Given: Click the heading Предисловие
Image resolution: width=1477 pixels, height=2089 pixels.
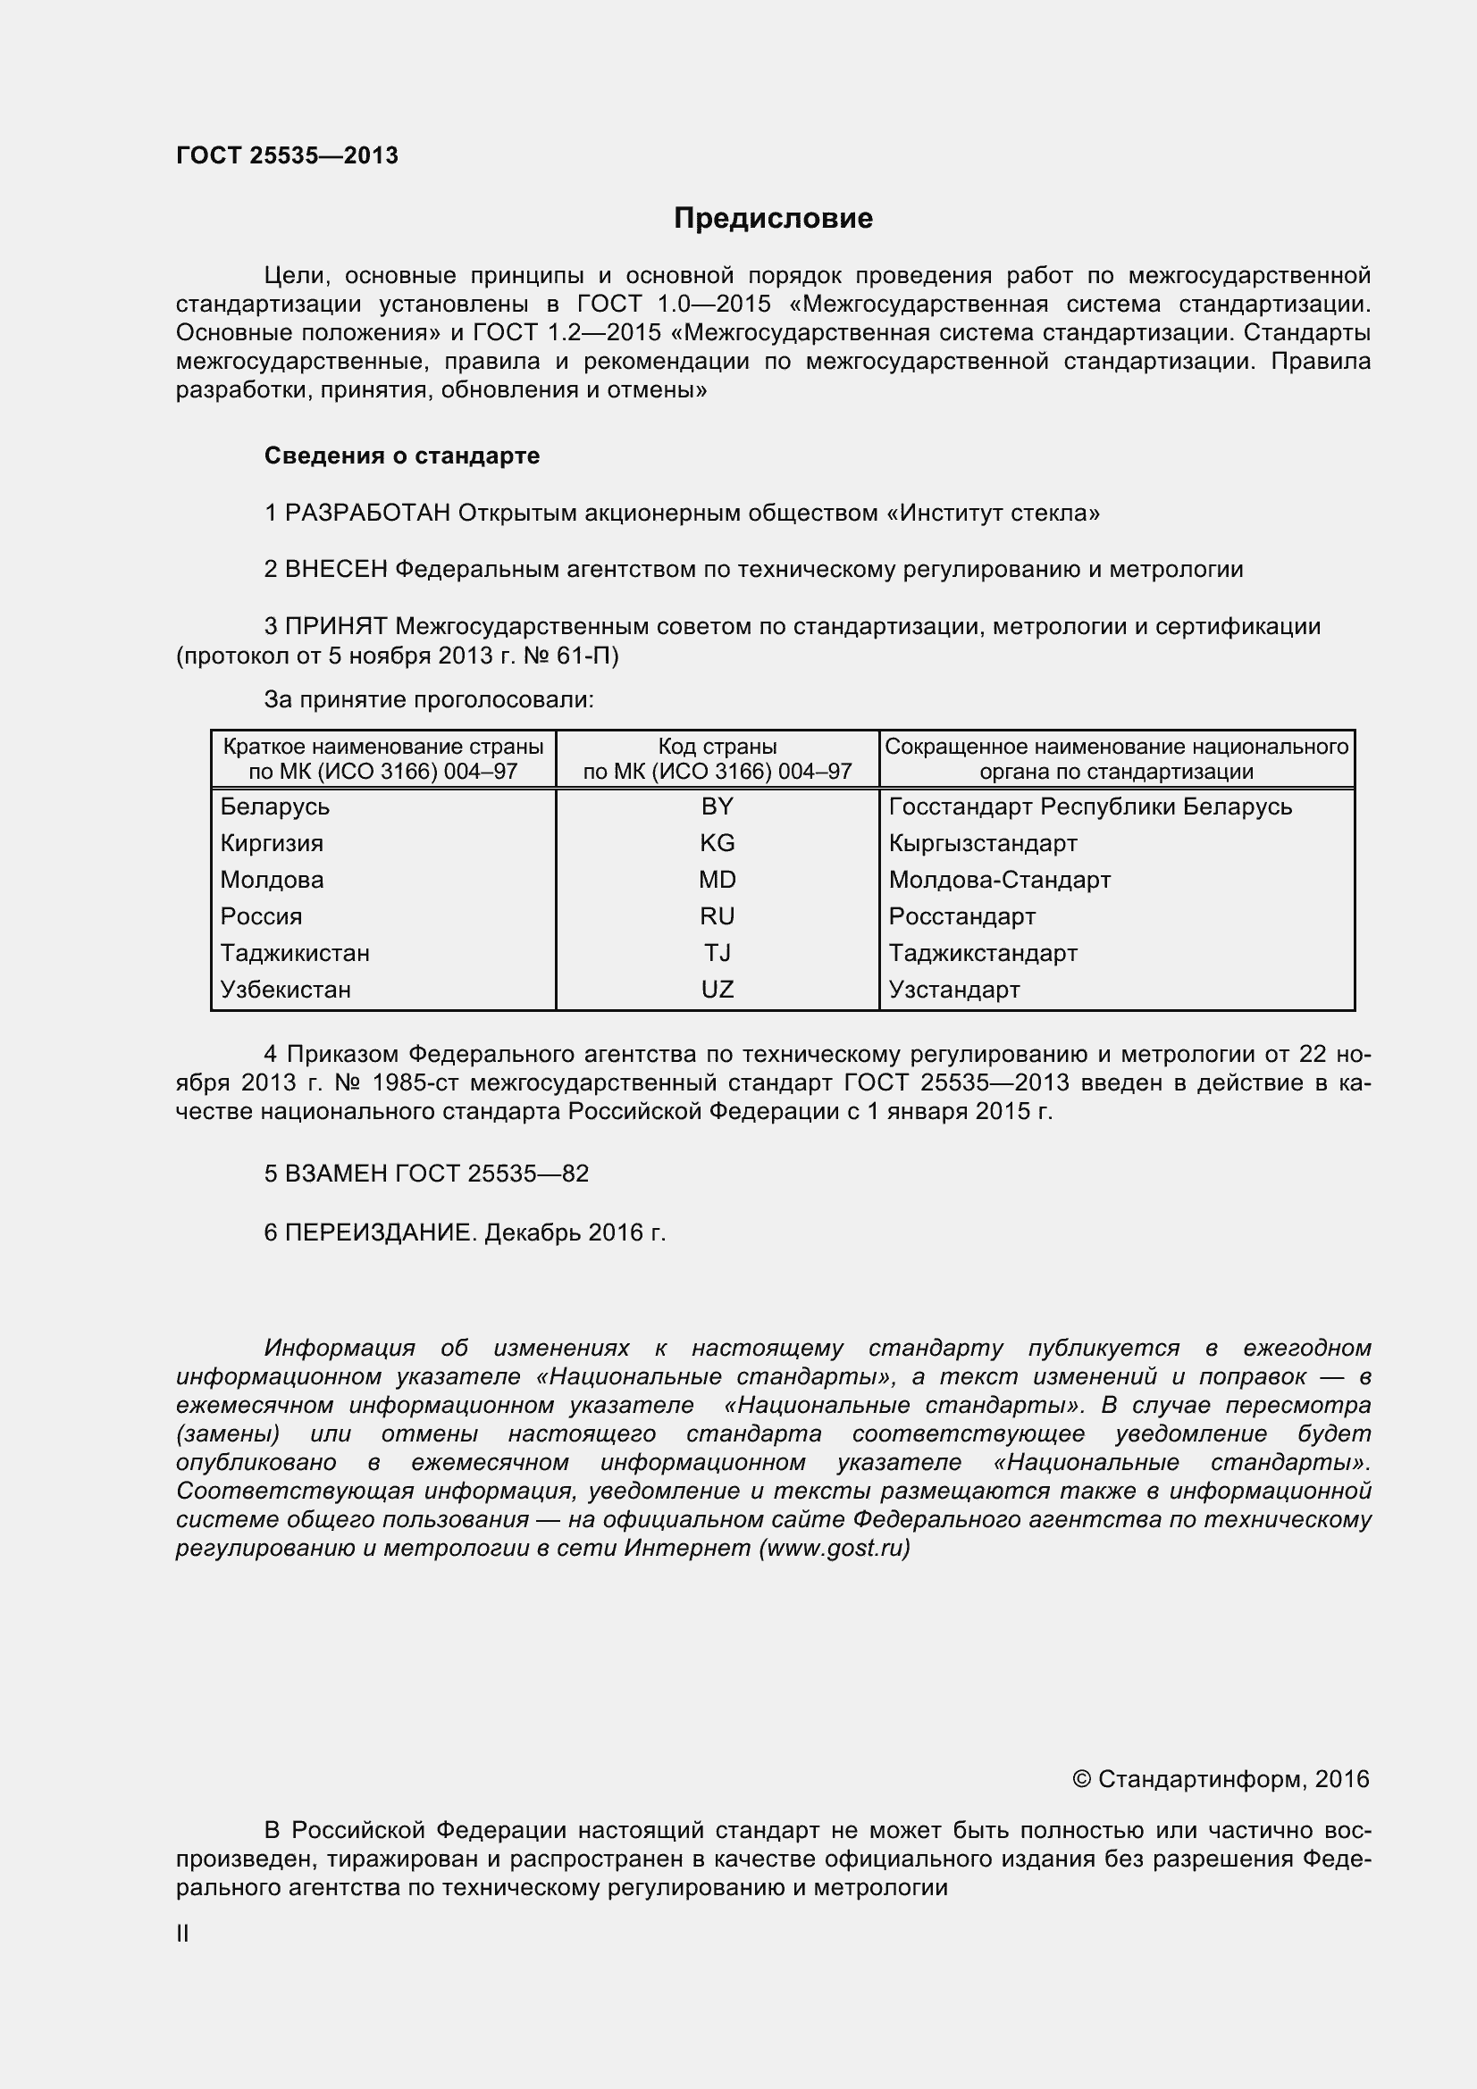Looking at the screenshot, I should [x=773, y=218].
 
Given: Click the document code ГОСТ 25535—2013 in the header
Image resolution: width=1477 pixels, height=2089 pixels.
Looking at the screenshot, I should [x=287, y=155].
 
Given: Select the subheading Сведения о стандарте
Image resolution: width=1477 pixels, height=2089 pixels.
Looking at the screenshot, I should [x=401, y=455].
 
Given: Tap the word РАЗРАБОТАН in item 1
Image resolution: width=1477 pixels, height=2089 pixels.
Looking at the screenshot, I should [x=367, y=514].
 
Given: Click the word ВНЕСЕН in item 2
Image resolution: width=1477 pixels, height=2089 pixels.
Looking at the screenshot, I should [x=336, y=570].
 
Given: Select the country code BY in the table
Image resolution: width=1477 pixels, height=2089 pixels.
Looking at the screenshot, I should [x=718, y=806].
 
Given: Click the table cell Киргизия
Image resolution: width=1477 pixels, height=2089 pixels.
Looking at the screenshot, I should [x=272, y=842].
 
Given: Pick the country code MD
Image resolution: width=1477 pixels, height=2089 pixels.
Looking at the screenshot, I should [x=718, y=880].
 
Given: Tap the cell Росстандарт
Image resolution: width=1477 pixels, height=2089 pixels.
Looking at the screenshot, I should [x=962, y=916].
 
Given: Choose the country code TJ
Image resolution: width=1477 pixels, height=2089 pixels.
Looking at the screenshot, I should [x=718, y=953].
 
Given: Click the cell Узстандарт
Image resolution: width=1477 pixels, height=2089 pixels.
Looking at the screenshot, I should [x=953, y=989].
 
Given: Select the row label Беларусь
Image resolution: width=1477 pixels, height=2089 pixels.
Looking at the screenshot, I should [x=275, y=806].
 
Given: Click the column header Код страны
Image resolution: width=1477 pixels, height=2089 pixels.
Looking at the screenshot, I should [x=718, y=747].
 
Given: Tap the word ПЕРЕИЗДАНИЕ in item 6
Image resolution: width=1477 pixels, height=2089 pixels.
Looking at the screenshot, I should [x=381, y=1233].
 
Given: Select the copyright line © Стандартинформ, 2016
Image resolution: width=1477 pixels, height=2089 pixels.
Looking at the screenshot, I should [x=1221, y=1780].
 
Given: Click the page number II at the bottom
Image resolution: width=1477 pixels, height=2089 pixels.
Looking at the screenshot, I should [x=183, y=1934].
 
